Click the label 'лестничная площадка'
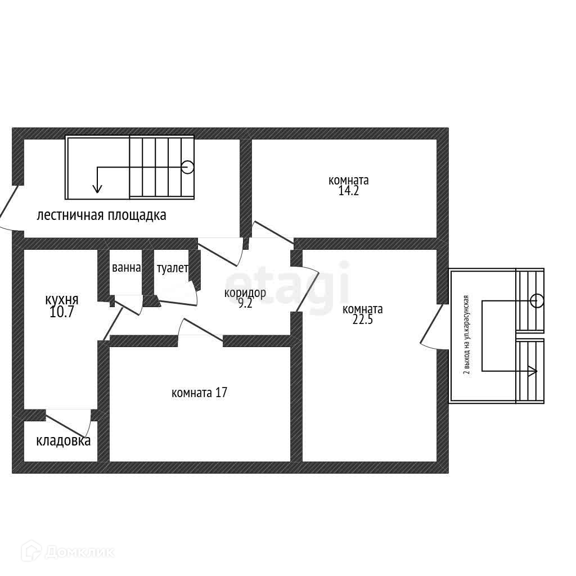pos(101,215)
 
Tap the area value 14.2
pos(349,191)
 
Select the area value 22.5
pos(363,319)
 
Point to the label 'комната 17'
pos(199,393)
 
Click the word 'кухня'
pos(61,300)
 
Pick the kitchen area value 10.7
pos(61,312)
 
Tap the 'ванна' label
pos(126,268)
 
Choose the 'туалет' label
pos(172,268)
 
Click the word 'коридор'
pos(245,292)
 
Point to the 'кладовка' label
pos(63,440)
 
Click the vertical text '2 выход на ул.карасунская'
pos(466,334)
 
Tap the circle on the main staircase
pos(187,167)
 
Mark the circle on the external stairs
pos(537,300)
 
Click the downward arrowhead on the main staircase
pos(97,188)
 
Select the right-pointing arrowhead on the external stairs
pos(532,371)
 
